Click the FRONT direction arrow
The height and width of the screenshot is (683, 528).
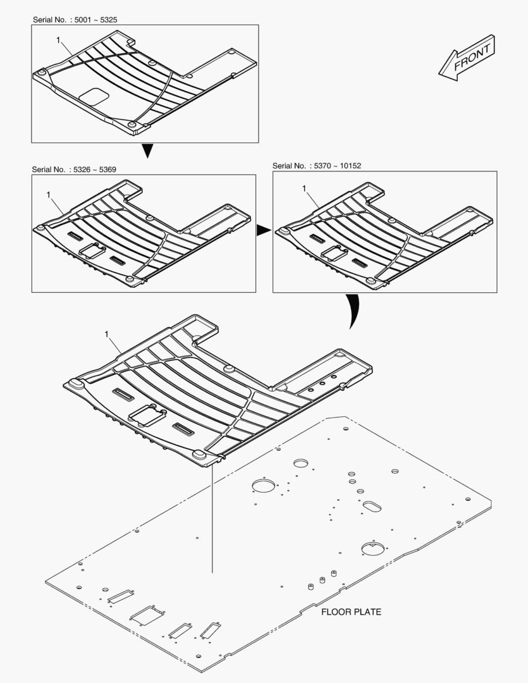point(467,58)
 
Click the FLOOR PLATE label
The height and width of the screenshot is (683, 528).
point(351,612)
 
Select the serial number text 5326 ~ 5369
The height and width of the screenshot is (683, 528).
point(95,169)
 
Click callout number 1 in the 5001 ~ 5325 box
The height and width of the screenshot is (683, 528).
point(58,40)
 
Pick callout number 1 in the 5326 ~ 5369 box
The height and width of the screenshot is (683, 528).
point(48,195)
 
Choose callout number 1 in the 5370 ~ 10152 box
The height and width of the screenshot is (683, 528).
point(304,188)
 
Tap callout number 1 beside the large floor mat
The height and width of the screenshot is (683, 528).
point(106,334)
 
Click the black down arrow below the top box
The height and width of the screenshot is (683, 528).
point(148,151)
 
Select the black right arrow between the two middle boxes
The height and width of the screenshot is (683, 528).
point(263,230)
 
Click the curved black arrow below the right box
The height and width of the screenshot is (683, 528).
point(354,311)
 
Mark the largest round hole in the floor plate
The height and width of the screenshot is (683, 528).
point(264,485)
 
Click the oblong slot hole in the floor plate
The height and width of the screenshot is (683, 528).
point(372,506)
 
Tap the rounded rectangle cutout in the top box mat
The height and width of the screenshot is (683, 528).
point(95,96)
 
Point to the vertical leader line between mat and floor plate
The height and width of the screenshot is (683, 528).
point(212,519)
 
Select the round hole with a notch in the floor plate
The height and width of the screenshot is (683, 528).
point(373,548)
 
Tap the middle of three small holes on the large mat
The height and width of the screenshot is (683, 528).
point(322,383)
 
